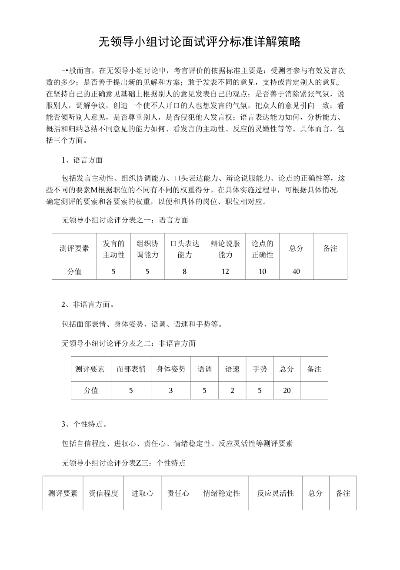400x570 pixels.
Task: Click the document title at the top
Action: [200, 42]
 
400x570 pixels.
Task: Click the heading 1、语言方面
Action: [82, 160]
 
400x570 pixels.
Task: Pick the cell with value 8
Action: [185, 272]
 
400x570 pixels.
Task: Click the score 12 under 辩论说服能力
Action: [225, 272]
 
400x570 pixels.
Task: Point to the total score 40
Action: [296, 272]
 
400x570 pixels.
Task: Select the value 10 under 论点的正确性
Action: [262, 272]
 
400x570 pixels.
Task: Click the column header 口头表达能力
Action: [185, 249]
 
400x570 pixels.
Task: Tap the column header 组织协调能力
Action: [147, 249]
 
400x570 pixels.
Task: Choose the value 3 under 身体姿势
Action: [171, 391]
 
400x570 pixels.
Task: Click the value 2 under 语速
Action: [232, 391]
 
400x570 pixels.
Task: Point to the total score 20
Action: [287, 391]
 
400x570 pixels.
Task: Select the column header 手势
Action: [260, 369]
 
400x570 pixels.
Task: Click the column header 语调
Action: [205, 369]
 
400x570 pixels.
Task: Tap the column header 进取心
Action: [143, 493]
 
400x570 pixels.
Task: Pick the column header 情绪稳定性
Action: [222, 493]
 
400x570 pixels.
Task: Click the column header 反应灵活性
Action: [276, 493]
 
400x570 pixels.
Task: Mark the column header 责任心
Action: [178, 493]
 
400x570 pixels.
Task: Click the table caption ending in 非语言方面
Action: [129, 344]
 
